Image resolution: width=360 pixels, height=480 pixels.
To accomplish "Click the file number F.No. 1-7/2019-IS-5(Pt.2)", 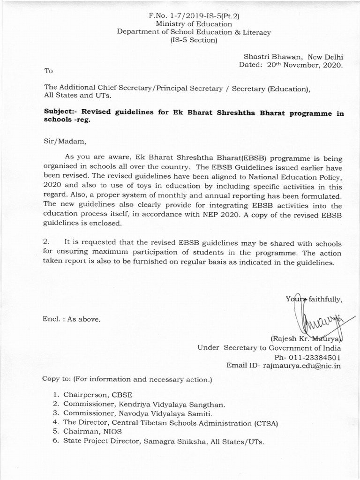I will pyautogui.click(x=194, y=15).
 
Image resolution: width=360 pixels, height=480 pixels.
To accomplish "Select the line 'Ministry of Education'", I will pyautogui.click(x=194, y=23).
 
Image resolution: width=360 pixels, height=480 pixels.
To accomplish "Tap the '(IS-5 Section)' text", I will pyautogui.click(x=194, y=40).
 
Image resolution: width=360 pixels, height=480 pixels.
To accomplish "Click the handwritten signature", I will pyautogui.click(x=316, y=319).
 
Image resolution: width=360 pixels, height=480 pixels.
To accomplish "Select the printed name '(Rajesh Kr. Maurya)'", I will pyautogui.click(x=307, y=338).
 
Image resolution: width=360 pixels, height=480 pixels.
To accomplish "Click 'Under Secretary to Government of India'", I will pyautogui.click(x=269, y=347).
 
